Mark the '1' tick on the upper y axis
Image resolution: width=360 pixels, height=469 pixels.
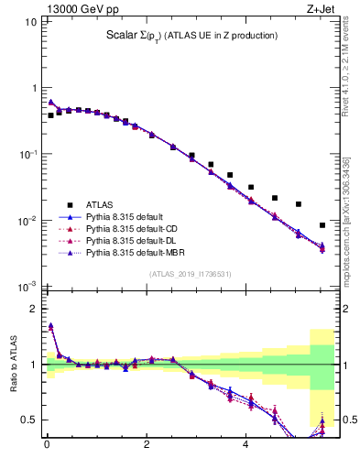pos(33,87)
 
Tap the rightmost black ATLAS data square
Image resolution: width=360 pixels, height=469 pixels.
pos(322,225)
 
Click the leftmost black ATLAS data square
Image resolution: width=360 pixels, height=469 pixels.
pos(51,116)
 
